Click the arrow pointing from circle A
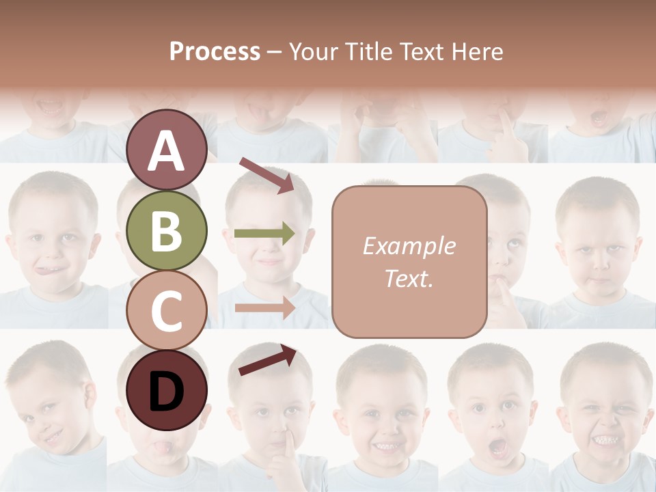point(266,175)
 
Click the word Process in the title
point(215,51)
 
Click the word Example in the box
point(409,246)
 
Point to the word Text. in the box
point(409,278)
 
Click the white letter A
point(167,150)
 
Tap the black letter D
point(167,392)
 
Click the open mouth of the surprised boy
point(498,448)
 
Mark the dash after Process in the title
point(275,52)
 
